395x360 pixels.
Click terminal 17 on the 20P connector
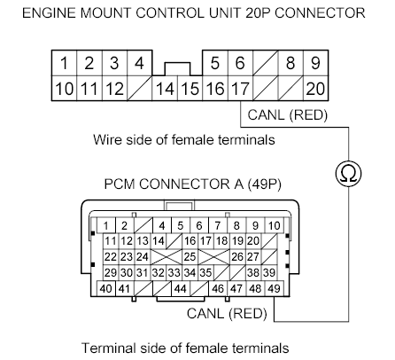[240, 89]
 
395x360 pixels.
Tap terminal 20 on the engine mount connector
[315, 89]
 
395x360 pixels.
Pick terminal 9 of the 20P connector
[315, 64]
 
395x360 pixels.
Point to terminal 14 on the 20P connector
[165, 89]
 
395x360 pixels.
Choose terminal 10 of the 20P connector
[64, 89]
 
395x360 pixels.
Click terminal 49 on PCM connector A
[275, 289]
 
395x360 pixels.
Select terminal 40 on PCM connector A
[105, 289]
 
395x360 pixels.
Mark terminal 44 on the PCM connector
[181, 289]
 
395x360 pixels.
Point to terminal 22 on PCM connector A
[110, 256]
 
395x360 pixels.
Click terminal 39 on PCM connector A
[269, 272]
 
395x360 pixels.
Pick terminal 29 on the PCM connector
[110, 272]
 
